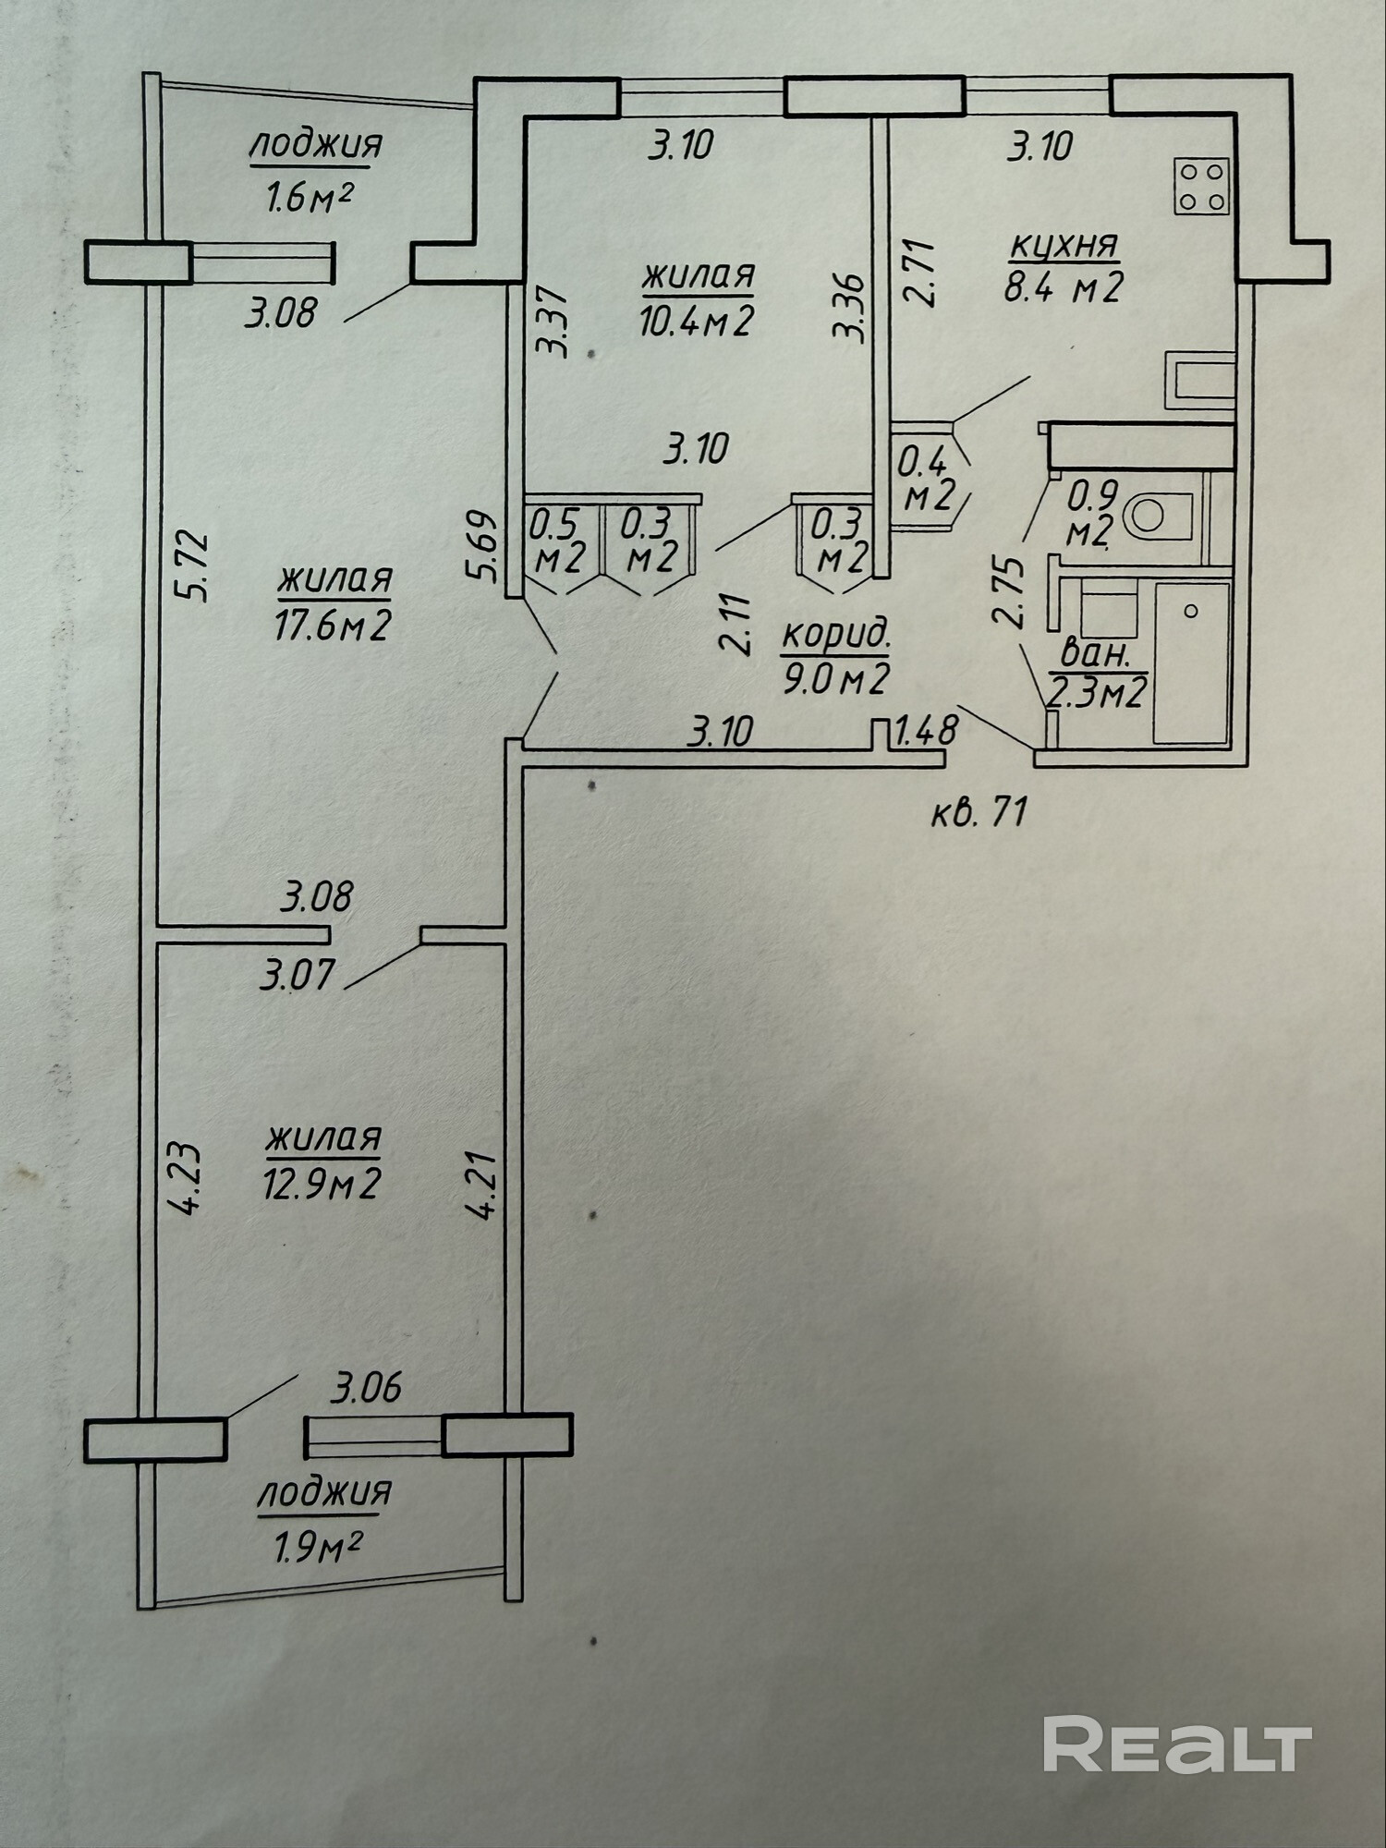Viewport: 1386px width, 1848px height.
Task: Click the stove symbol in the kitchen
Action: (x=1202, y=186)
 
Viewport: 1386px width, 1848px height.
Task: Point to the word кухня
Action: (x=1064, y=246)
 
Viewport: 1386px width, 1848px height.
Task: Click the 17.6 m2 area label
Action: (x=333, y=626)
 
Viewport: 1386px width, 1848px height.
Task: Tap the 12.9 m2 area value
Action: (x=322, y=1184)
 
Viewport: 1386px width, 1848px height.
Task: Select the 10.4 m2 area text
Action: (x=697, y=321)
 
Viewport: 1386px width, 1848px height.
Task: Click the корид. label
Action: (x=836, y=636)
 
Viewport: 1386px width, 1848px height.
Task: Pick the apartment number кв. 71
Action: (x=979, y=813)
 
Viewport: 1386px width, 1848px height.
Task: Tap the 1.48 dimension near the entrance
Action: (x=926, y=732)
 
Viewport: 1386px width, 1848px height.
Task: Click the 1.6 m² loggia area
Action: (x=312, y=197)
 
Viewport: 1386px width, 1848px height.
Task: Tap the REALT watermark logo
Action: (x=1177, y=1744)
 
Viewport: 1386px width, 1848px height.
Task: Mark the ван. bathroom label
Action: (x=1097, y=654)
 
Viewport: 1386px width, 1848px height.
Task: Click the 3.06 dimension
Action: (x=368, y=1388)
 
